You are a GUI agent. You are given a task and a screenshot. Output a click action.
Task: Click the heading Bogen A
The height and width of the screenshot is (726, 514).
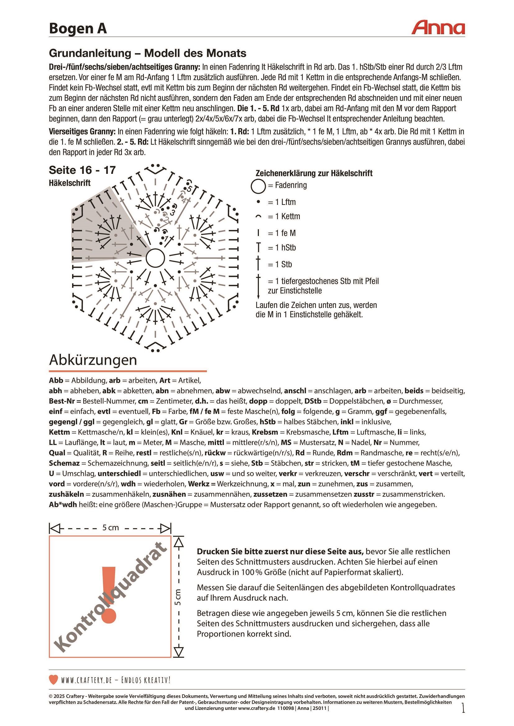tap(78, 29)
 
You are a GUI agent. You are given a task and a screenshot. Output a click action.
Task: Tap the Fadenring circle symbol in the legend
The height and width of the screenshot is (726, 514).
tap(258, 186)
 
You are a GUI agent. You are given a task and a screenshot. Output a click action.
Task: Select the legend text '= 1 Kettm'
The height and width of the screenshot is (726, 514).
tap(284, 216)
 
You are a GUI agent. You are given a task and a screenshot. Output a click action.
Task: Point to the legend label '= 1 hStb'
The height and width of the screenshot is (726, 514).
tap(282, 248)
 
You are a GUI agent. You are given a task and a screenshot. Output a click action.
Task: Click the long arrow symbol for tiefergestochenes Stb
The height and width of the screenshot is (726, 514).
tap(258, 286)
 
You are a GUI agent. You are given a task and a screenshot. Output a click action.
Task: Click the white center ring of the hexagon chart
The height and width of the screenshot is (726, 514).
tap(155, 258)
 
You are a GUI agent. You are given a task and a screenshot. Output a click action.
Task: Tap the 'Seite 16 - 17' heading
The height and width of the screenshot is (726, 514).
tap(82, 170)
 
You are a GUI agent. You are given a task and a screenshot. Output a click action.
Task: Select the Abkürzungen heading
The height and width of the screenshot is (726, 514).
tap(93, 360)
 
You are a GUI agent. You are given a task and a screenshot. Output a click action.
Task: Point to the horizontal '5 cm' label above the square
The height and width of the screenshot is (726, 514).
tap(110, 528)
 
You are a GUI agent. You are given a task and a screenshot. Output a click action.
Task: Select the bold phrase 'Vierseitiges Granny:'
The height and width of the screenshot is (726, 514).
tap(82, 132)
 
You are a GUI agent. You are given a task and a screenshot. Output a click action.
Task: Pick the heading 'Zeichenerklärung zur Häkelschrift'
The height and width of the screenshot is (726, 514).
tap(314, 173)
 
